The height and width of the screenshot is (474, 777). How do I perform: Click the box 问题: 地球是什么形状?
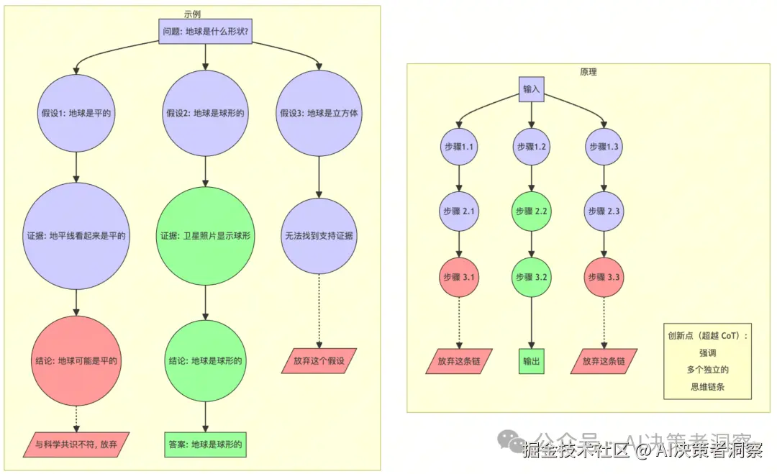click(206, 31)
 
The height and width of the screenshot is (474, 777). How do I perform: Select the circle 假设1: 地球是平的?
click(76, 113)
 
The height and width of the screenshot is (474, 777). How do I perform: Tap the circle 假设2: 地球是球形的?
click(206, 113)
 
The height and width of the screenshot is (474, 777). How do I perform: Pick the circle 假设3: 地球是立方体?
click(319, 113)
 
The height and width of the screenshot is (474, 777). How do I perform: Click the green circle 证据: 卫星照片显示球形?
click(206, 235)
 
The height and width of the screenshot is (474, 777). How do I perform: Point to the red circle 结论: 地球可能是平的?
click(76, 360)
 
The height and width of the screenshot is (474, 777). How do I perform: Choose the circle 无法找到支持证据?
click(319, 236)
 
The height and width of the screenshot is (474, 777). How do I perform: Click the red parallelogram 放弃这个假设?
click(319, 361)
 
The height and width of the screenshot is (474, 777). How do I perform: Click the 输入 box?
click(531, 89)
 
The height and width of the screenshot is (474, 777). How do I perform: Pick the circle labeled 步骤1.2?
click(531, 147)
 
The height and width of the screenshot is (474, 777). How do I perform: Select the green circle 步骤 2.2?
click(531, 211)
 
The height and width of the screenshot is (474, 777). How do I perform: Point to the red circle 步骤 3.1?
click(459, 277)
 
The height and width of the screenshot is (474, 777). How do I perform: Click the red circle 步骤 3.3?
click(604, 277)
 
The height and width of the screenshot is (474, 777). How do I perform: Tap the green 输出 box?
click(531, 361)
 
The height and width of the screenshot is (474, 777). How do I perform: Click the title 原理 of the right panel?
click(588, 72)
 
